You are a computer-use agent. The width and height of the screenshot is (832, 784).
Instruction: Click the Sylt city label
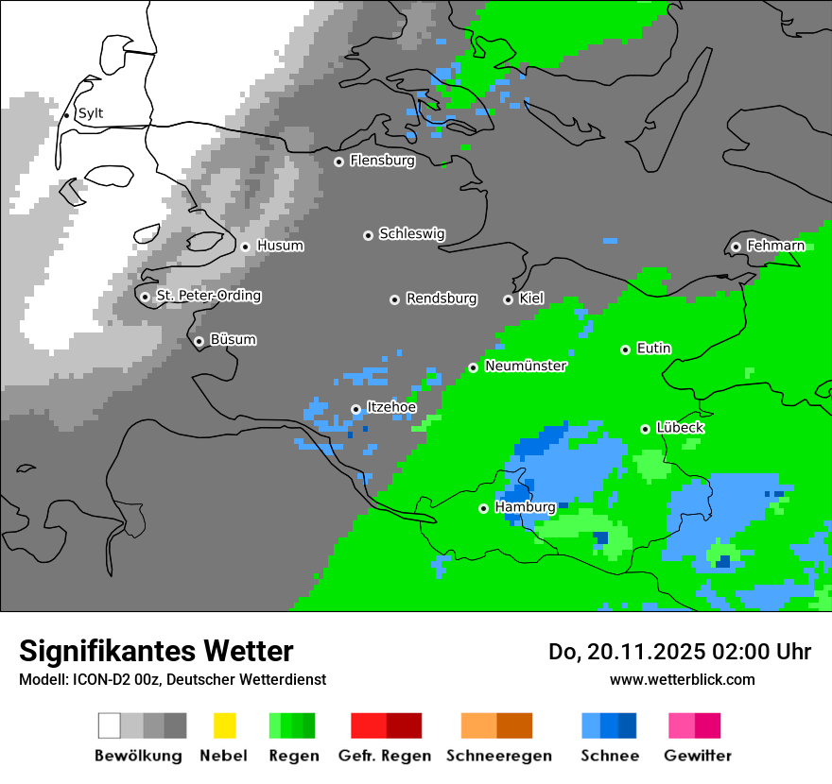[x=90, y=113]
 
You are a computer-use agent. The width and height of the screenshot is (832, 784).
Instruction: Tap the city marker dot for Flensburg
[x=338, y=162]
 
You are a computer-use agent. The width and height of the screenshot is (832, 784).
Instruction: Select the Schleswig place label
[x=411, y=233]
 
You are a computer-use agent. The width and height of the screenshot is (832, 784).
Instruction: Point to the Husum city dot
[x=245, y=247]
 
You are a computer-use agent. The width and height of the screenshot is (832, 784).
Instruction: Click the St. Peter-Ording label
[x=208, y=296]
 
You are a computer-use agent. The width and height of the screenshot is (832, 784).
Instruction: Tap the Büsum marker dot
[x=199, y=341]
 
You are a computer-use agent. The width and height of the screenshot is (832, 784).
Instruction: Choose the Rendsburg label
[x=441, y=298]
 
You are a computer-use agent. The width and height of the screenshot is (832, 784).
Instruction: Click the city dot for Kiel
[x=508, y=299]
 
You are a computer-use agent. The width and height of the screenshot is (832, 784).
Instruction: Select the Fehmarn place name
[x=775, y=246]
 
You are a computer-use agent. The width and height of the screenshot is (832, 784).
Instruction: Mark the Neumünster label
[x=525, y=366]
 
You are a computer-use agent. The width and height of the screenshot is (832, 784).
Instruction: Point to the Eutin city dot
[x=625, y=349]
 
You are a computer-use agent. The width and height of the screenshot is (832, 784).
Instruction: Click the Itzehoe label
[x=390, y=407]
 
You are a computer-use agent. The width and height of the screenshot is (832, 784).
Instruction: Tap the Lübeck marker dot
[x=645, y=429]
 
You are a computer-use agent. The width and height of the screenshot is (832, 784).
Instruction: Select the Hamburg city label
[x=525, y=507]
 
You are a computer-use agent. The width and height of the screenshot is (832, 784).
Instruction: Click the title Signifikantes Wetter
[x=156, y=651]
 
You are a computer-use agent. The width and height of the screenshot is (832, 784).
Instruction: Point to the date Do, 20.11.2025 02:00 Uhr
[x=680, y=652]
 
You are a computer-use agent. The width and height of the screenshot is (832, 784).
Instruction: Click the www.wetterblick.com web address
[x=682, y=679]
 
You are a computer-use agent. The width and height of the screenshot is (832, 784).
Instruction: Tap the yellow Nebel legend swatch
[x=224, y=725]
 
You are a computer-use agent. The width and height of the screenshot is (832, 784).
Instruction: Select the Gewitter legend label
[x=697, y=756]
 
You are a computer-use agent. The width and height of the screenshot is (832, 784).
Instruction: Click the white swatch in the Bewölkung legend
[x=109, y=725]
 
